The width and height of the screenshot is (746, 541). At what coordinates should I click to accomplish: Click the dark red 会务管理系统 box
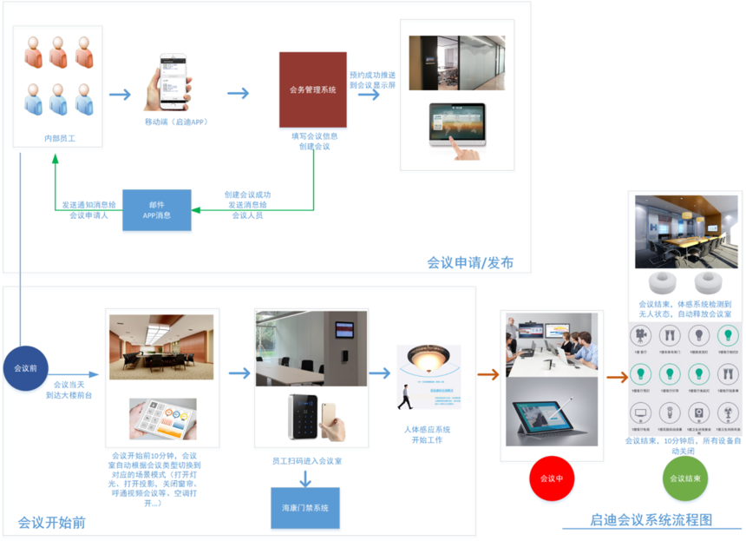coord(312,89)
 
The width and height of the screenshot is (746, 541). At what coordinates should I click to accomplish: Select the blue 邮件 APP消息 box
coord(157,209)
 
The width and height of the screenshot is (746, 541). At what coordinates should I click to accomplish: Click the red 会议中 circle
coord(552,478)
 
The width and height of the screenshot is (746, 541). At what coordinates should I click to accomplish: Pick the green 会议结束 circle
coord(685,478)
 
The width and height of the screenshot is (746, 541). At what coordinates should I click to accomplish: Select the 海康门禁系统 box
coord(304,508)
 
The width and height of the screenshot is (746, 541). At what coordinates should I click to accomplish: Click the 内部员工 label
coord(59,138)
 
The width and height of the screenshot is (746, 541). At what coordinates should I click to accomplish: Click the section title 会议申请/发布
coord(469,262)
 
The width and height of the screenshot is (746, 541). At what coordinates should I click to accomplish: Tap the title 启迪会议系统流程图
coord(651,519)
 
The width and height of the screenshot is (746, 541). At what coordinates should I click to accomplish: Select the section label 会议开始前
coord(51,523)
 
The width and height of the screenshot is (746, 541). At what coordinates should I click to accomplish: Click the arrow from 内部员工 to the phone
coord(120,95)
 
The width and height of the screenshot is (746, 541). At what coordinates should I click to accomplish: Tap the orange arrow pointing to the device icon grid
coord(616,377)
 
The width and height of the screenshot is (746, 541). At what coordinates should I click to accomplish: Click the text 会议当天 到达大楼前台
coord(69,389)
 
